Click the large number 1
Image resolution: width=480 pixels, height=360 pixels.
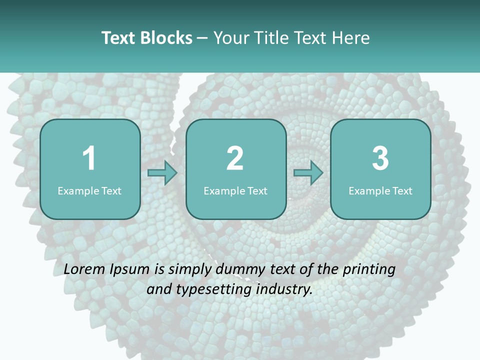tap(89, 158)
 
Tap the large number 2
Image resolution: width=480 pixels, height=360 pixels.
tap(235, 158)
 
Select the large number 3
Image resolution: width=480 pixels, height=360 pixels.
tap(380, 158)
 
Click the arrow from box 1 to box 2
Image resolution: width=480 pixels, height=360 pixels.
tap(162, 173)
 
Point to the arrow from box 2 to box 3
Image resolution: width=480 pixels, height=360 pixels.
tap(308, 173)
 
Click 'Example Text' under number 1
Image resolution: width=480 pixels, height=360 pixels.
tap(89, 190)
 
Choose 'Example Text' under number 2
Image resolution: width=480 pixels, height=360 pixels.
tap(235, 190)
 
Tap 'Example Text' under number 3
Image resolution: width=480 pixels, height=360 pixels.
tap(380, 190)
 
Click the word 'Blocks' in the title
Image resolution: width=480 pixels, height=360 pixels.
tap(165, 37)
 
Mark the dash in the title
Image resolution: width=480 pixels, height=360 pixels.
tap(202, 38)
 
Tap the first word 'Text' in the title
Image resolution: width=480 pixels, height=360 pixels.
tap(118, 37)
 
